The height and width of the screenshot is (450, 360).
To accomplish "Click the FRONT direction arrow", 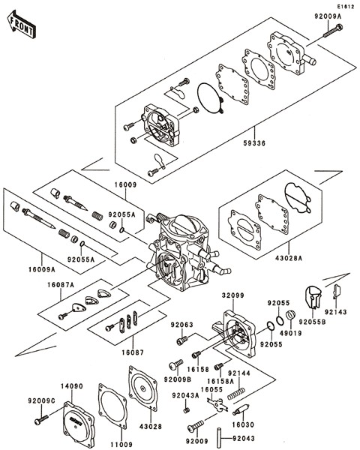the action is tap(22, 24).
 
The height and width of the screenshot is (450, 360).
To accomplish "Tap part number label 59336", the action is tap(253, 143).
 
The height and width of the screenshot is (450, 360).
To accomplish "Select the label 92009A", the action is tap(328, 16).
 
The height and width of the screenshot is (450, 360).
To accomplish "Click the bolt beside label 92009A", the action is tap(333, 31).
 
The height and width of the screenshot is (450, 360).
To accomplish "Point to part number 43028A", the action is tap(289, 258).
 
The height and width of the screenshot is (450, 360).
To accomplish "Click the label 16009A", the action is tap(42, 269).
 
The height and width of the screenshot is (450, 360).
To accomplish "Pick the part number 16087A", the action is tap(61, 285).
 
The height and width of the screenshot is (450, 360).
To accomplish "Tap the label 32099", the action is tap(232, 295).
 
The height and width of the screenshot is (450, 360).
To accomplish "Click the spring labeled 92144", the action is tap(236, 394).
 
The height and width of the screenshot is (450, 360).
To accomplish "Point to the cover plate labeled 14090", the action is tap(78, 424).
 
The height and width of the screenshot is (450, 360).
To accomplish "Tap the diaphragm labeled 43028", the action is tap(143, 388).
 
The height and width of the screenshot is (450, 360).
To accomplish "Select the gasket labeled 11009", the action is tap(112, 406).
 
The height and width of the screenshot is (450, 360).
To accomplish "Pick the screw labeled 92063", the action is tap(182, 340).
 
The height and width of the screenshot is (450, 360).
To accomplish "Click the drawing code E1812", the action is tap(345, 6).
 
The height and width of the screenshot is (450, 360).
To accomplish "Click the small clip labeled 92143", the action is tap(335, 291).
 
